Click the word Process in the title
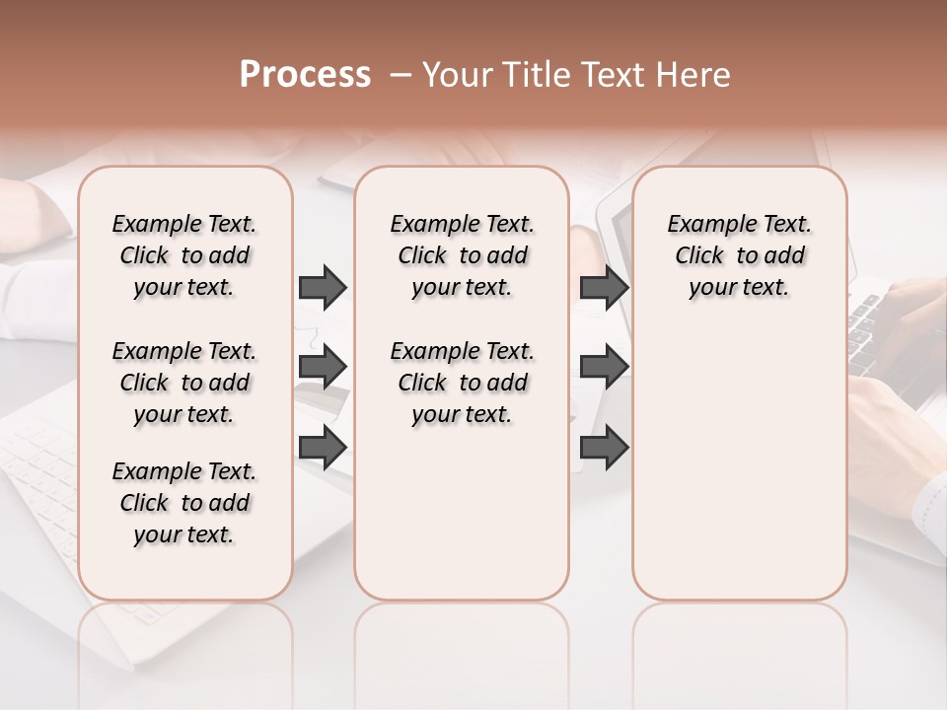click(x=305, y=75)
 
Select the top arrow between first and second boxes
click(x=323, y=287)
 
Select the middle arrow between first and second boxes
click(x=323, y=367)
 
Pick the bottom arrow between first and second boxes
click(x=323, y=447)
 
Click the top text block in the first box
click(x=184, y=255)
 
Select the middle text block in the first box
click(x=184, y=383)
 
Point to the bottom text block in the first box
click(x=184, y=503)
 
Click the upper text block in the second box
click(x=462, y=255)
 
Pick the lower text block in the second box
click(x=462, y=383)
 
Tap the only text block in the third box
click(x=740, y=255)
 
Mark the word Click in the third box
click(x=699, y=256)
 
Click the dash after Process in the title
click(x=401, y=75)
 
